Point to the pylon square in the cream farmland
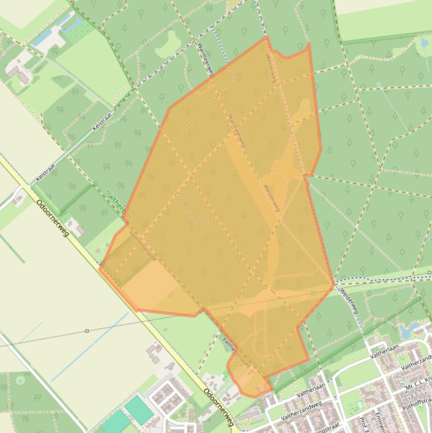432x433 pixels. tap(87, 331)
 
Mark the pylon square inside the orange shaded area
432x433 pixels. tap(313, 293)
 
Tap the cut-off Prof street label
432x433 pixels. tap(365, 421)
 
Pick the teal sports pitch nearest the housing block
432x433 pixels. tap(138, 410)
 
